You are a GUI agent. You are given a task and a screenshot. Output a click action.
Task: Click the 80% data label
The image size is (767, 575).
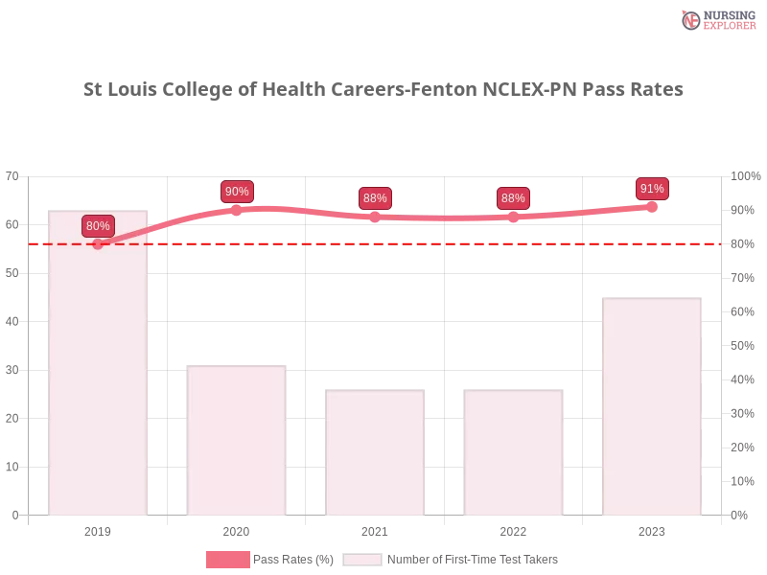(x=98, y=226)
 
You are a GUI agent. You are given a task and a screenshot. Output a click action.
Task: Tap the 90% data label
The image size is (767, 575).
(x=237, y=192)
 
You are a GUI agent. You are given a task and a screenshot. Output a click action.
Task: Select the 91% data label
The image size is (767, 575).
(x=652, y=189)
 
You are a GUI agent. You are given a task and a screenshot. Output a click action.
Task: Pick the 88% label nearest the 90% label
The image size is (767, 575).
(x=375, y=198)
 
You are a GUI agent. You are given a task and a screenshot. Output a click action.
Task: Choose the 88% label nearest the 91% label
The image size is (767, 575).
(x=513, y=198)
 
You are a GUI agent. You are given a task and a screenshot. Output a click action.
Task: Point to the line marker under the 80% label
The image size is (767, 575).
(x=98, y=244)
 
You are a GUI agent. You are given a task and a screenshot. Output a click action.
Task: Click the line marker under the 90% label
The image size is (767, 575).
(x=237, y=209)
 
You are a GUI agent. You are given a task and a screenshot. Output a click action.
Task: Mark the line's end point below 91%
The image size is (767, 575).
(x=653, y=205)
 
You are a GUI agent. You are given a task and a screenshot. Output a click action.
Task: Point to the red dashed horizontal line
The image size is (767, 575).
(x=383, y=243)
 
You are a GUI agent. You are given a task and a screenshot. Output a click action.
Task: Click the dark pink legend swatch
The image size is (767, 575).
(x=227, y=559)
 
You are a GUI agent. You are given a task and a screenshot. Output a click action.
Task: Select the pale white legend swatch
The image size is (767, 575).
(x=362, y=560)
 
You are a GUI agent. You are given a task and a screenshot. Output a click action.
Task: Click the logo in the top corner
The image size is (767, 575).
(x=717, y=19)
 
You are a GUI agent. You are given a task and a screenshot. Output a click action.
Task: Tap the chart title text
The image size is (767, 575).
(x=383, y=89)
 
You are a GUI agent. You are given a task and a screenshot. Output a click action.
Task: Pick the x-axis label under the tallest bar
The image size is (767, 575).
(x=100, y=529)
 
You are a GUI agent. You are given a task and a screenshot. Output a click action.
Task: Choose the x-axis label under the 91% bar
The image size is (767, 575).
(x=652, y=529)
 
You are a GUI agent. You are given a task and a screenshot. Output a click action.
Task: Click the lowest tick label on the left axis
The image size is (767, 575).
(x=13, y=515)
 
